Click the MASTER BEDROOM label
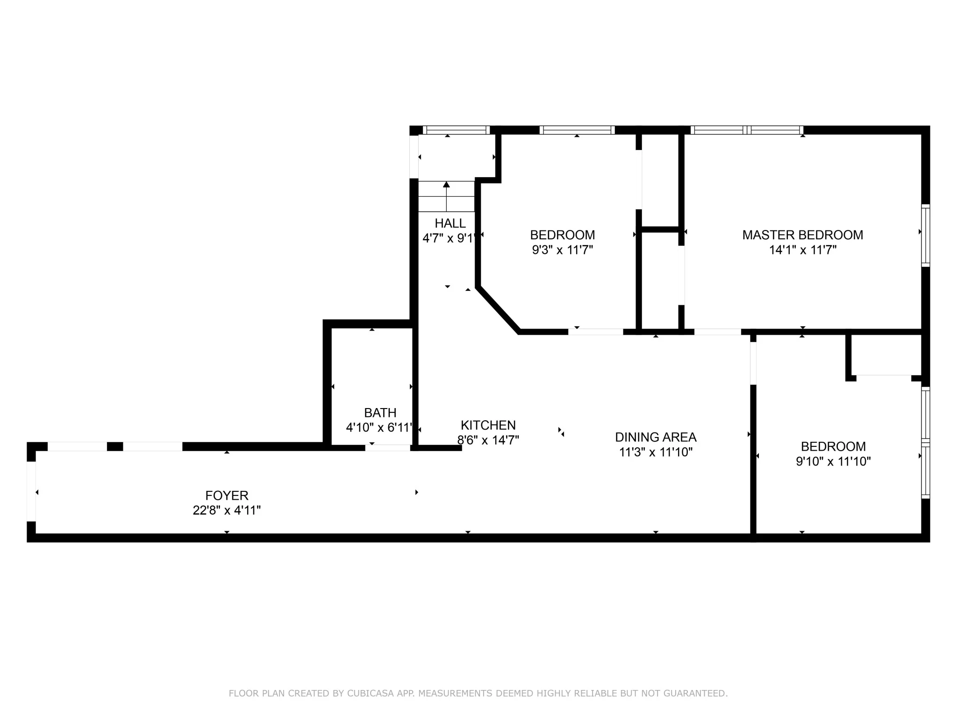[802, 235]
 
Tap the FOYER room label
[227, 495]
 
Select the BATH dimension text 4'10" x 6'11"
[380, 427]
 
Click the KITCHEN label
[488, 425]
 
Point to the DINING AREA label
[655, 437]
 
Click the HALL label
[450, 223]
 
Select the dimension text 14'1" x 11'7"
[802, 250]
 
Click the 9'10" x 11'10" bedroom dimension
[833, 461]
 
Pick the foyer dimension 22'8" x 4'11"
[227, 510]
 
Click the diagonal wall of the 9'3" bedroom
[498, 309]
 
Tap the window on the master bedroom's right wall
[925, 236]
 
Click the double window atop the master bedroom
[746, 130]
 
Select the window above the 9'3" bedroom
[577, 130]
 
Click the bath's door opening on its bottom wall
[387, 448]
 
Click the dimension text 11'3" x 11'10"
[655, 452]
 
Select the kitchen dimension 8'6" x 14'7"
[488, 440]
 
